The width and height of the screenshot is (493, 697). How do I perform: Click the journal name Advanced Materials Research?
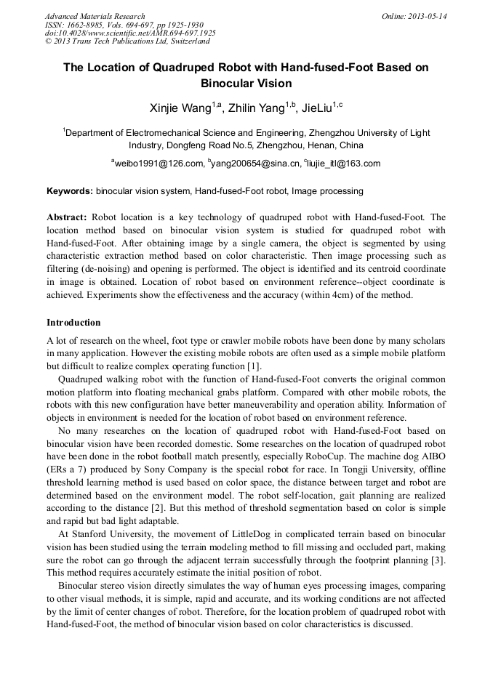(95, 16)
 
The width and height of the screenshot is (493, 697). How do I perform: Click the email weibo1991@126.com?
(159, 164)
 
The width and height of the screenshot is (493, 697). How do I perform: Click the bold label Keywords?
(70, 191)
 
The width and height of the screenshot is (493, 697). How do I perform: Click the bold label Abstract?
(67, 217)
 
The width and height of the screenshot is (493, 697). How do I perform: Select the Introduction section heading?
(73, 323)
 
